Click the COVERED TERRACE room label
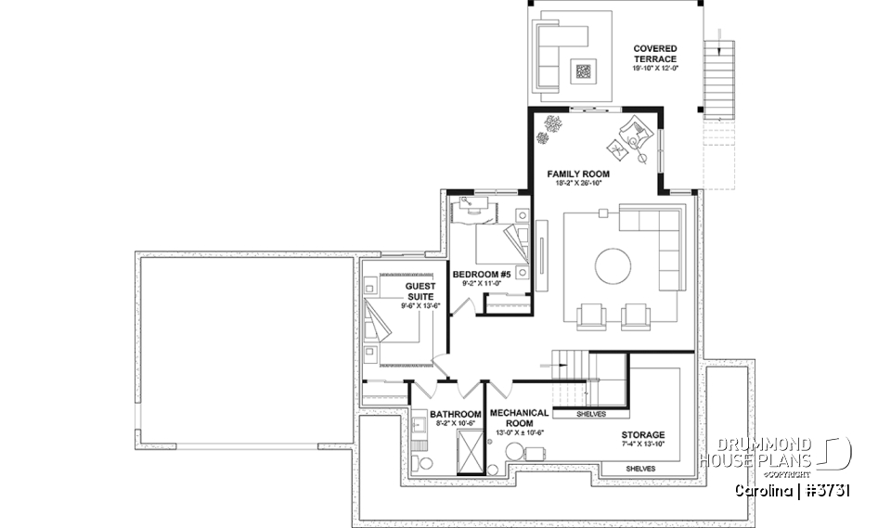655,54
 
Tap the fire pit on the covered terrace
584,69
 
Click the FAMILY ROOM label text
577,174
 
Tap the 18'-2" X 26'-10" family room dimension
577,183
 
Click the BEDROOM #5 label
482,275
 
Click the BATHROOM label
455,414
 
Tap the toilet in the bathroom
425,460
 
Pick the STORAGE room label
642,434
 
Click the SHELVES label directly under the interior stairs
591,414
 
